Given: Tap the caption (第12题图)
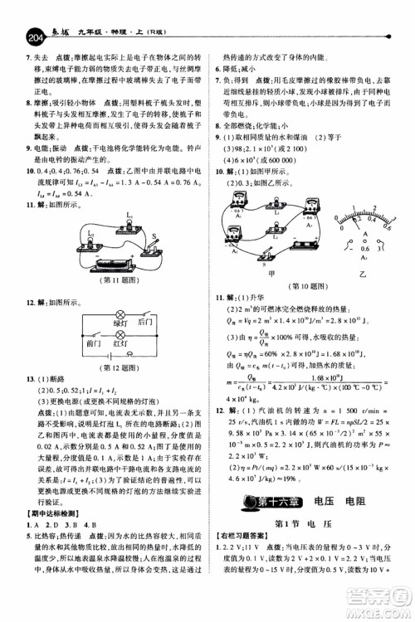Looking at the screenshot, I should point(101,369).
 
